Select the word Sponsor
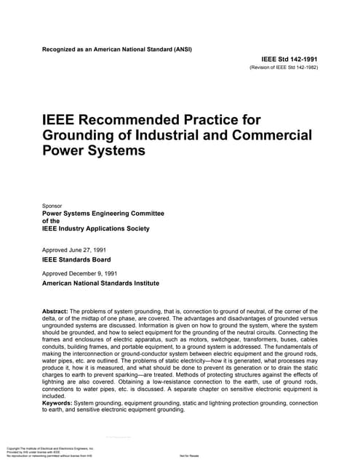click(x=56, y=206)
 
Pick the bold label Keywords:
click(x=60, y=403)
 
